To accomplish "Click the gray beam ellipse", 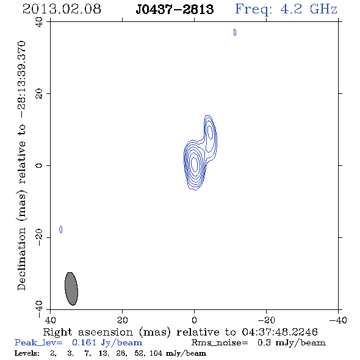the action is tap(71, 289).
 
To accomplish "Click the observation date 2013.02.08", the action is tap(62, 9).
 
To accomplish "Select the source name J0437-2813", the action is tap(175, 9).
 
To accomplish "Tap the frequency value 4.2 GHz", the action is tap(309, 9).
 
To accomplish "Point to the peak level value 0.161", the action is tap(84, 342).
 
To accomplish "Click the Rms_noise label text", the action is tap(220, 343).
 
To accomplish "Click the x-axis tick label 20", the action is tap(123, 320).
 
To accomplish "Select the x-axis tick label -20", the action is tap(266, 320).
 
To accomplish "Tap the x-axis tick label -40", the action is tap(338, 320).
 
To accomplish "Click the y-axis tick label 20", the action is tap(39, 94).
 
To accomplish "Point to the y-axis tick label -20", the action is tap(39, 237).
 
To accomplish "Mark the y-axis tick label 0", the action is tap(39, 165).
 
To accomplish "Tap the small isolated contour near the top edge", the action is tap(235, 32).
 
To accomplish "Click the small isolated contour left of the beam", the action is tap(61, 229).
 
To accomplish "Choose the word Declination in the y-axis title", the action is tap(21, 259).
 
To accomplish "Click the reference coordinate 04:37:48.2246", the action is tap(279, 332).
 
